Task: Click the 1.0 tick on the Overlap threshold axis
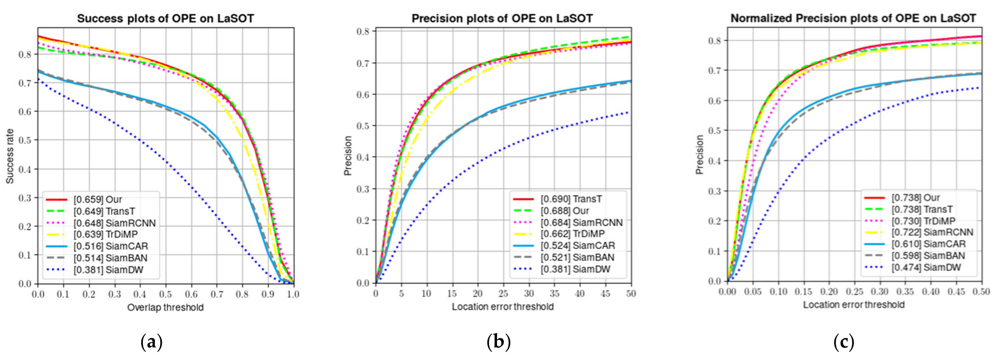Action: [293, 295]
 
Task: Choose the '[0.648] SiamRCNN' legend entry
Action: [115, 223]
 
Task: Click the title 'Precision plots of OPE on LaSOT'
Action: [502, 19]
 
